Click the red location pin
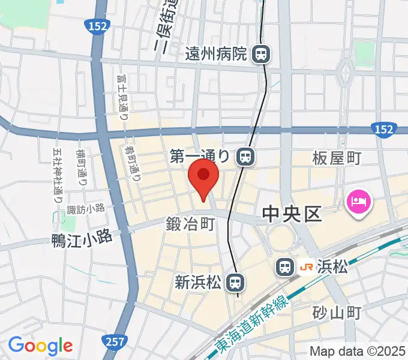(203, 178)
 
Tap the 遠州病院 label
(215, 55)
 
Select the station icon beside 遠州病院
(261, 55)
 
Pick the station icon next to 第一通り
(245, 157)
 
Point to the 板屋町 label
(337, 158)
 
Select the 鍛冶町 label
(190, 225)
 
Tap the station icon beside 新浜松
(238, 280)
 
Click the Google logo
(40, 346)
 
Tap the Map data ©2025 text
(356, 352)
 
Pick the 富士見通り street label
(124, 97)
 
